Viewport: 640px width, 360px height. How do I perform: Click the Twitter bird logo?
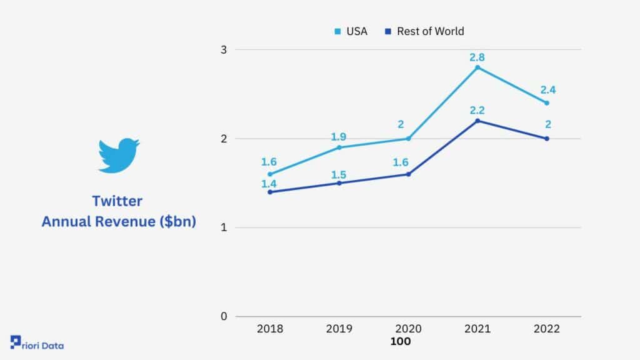pyautogui.click(x=119, y=155)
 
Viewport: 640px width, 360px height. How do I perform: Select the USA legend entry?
pyautogui.click(x=351, y=31)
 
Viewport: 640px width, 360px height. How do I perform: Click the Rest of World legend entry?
pyautogui.click(x=424, y=31)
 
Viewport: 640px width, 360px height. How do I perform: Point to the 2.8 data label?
pyautogui.click(x=477, y=57)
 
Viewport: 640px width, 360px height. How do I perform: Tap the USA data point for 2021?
pyautogui.click(x=477, y=67)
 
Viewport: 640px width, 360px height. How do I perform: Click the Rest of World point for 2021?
pyautogui.click(x=477, y=121)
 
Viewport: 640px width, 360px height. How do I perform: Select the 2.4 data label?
pyautogui.click(x=547, y=90)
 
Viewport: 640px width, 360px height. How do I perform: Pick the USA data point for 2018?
pyautogui.click(x=270, y=174)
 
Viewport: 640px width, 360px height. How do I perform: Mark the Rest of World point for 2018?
pyautogui.click(x=270, y=192)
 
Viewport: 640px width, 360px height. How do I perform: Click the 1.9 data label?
pyautogui.click(x=338, y=137)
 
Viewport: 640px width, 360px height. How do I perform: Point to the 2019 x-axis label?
pyautogui.click(x=339, y=329)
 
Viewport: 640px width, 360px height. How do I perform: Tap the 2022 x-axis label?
pyautogui.click(x=546, y=329)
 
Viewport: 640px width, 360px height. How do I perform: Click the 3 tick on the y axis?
pyautogui.click(x=224, y=50)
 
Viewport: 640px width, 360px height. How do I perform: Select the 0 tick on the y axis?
pyautogui.click(x=224, y=316)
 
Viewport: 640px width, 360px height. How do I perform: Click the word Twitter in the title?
pyautogui.click(x=117, y=201)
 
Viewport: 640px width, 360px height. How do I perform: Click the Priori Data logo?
pyautogui.click(x=37, y=343)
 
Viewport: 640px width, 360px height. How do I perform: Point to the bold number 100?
pyautogui.click(x=401, y=341)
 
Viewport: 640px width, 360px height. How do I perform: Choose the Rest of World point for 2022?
pyautogui.click(x=547, y=139)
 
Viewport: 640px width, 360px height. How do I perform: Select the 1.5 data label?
pyautogui.click(x=338, y=175)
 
